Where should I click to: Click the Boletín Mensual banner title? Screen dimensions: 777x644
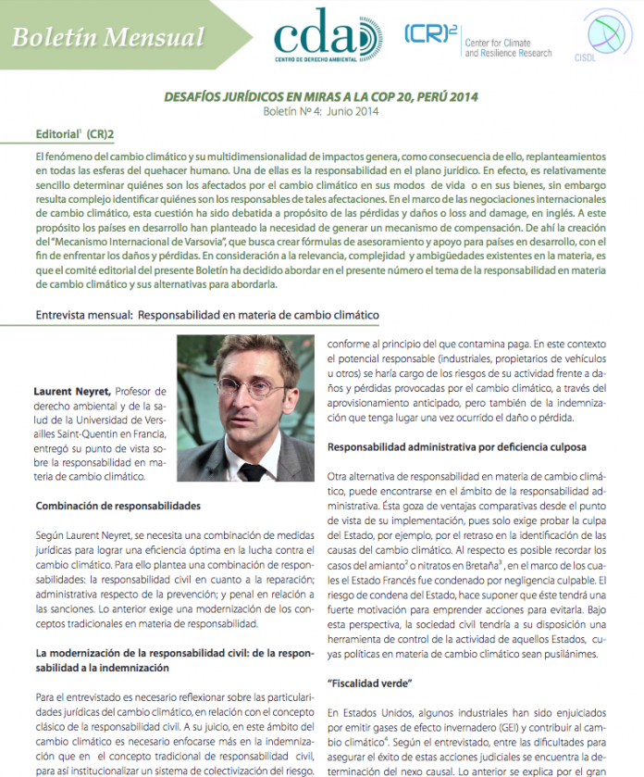click(108, 38)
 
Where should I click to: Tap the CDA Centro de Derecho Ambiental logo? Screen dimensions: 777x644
click(328, 37)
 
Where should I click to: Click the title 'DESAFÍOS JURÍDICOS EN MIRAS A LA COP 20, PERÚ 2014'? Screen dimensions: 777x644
click(321, 96)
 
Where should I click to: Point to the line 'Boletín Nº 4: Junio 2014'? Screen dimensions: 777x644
click(321, 111)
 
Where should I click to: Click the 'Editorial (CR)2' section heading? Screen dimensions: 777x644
click(74, 134)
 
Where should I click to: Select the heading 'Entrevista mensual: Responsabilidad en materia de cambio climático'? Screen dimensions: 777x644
click(207, 315)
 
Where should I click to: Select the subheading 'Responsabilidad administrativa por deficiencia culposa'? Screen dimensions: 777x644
click(457, 446)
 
